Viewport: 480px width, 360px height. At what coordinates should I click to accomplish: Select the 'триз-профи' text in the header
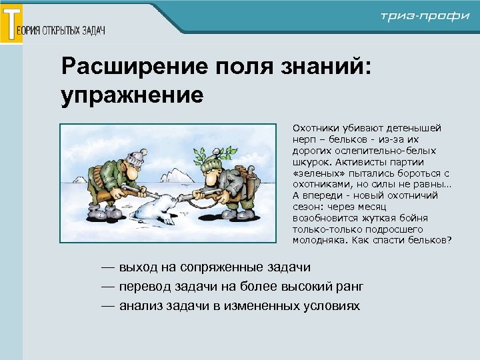pyautogui.click(x=425, y=16)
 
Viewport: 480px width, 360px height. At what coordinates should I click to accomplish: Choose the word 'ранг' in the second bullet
pyautogui.click(x=349, y=287)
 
